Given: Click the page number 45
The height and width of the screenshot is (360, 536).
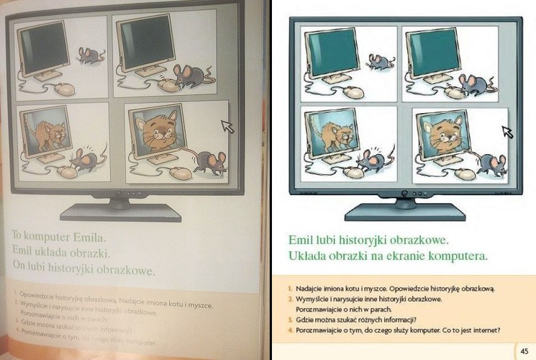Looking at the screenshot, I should tap(523, 350).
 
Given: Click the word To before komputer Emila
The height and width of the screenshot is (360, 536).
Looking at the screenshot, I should tap(20, 235).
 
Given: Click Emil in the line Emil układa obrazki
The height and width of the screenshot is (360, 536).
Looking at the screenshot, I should tap(24, 251).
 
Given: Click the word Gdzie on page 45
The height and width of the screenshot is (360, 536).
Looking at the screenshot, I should tap(305, 320).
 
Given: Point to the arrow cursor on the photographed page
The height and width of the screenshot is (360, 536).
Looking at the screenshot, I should tap(228, 127).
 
